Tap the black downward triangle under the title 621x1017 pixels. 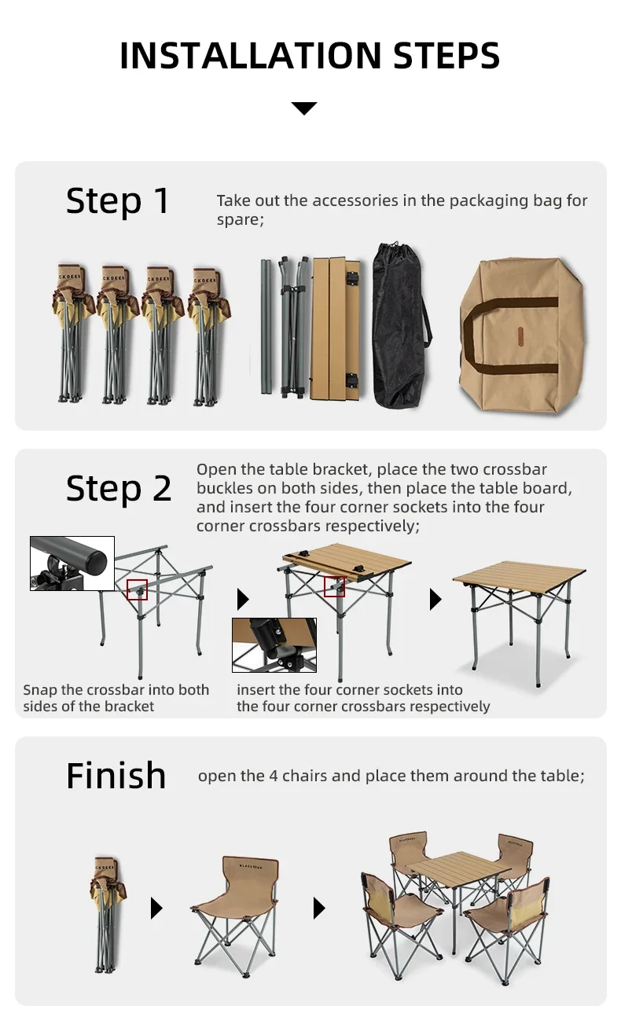point(304,108)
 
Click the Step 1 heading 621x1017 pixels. point(118,200)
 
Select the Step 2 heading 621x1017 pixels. point(119,488)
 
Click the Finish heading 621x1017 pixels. point(116,776)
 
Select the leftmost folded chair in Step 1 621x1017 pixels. point(72,335)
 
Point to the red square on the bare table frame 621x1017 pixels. point(138,589)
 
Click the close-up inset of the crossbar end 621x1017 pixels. point(72,564)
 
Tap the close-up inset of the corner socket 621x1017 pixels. point(274,644)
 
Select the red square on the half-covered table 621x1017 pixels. point(335,586)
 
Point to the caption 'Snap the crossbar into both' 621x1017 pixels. point(116,690)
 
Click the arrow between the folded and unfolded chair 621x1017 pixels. point(156,909)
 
